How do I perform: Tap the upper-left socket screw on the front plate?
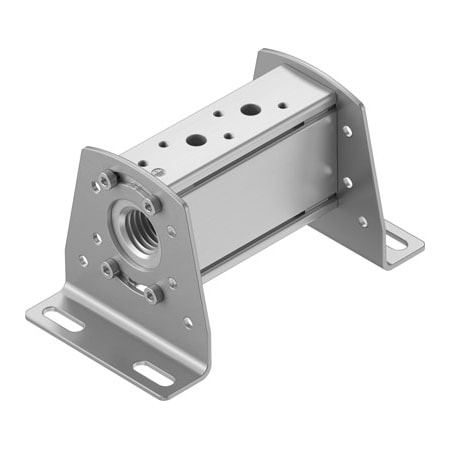107,181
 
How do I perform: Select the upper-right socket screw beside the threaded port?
152,204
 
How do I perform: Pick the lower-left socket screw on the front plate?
109,267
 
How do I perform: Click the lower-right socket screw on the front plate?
153,293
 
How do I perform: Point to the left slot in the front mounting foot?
63,320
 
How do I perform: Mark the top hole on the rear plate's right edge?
346,131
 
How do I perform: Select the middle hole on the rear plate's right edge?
347,182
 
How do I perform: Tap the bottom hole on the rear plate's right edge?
361,221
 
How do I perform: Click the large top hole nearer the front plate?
196,141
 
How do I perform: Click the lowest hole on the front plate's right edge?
187,322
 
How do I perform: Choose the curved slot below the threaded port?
128,279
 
